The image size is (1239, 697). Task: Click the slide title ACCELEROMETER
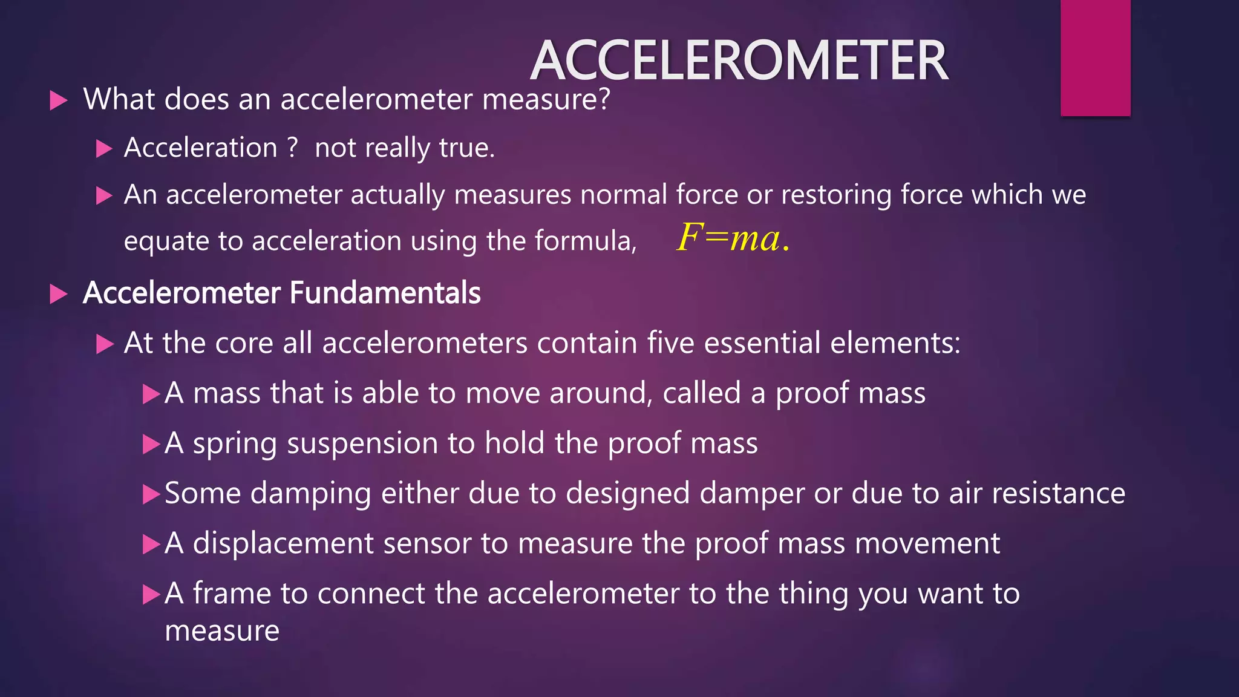point(739,61)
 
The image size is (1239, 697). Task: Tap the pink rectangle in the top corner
point(1095,57)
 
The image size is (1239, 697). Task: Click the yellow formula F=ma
point(733,238)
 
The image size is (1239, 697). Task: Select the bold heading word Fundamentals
point(385,293)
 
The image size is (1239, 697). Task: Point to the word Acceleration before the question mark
point(200,148)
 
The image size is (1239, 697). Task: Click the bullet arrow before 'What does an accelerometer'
point(58,100)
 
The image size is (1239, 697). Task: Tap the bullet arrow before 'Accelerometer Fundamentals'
point(58,294)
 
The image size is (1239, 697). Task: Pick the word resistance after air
point(1058,493)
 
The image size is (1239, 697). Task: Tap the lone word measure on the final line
point(222,632)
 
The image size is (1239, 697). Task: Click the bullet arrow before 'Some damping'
point(151,494)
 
